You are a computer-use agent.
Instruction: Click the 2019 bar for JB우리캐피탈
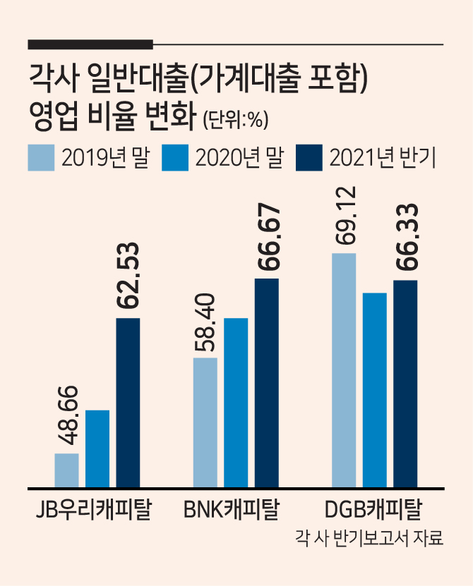[x=66, y=470]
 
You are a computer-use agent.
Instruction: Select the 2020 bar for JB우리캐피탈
[x=97, y=448]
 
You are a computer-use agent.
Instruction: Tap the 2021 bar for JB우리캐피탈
[x=128, y=403]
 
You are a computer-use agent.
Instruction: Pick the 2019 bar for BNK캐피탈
[x=205, y=422]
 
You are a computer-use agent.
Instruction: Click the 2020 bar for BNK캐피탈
[x=236, y=403]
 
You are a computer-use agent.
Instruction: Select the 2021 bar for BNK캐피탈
[x=267, y=383]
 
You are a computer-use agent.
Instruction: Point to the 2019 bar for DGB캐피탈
[x=344, y=370]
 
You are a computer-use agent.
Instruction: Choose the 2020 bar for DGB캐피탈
[x=375, y=390]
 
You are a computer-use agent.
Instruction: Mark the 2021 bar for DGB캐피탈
[x=405, y=384]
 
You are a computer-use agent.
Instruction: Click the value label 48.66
[x=68, y=415]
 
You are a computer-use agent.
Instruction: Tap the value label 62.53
[x=128, y=276]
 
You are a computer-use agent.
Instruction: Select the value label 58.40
[x=205, y=322]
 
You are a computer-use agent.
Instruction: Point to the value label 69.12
[x=344, y=216]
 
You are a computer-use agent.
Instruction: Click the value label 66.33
[x=407, y=237]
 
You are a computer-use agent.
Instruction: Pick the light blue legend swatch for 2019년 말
[x=41, y=158]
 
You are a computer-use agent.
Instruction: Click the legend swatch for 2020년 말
[x=175, y=158]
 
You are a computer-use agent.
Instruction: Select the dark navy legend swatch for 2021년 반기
[x=309, y=158]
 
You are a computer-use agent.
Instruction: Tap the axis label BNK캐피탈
[x=232, y=508]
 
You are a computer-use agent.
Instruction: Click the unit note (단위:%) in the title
[x=235, y=121]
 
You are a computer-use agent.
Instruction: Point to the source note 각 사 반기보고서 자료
[x=369, y=539]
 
